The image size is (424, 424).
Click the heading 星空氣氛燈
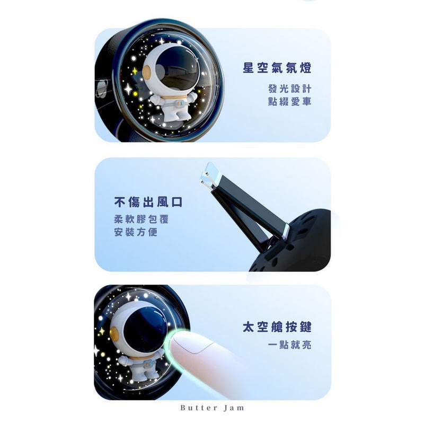277,68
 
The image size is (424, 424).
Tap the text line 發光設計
290,89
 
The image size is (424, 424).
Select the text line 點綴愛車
290,101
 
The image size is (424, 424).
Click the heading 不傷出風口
148,202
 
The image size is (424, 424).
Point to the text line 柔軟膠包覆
142,219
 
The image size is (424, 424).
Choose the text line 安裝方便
136,232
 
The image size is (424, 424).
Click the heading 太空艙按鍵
277,326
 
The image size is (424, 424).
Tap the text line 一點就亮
290,345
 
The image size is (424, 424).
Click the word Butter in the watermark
198,408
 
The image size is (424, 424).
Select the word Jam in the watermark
234,408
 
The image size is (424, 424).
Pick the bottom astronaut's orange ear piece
114,333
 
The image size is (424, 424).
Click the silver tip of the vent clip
208,173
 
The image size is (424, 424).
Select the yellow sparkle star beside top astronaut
135,71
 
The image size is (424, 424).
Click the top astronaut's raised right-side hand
194,96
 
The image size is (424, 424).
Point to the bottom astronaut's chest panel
147,365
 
